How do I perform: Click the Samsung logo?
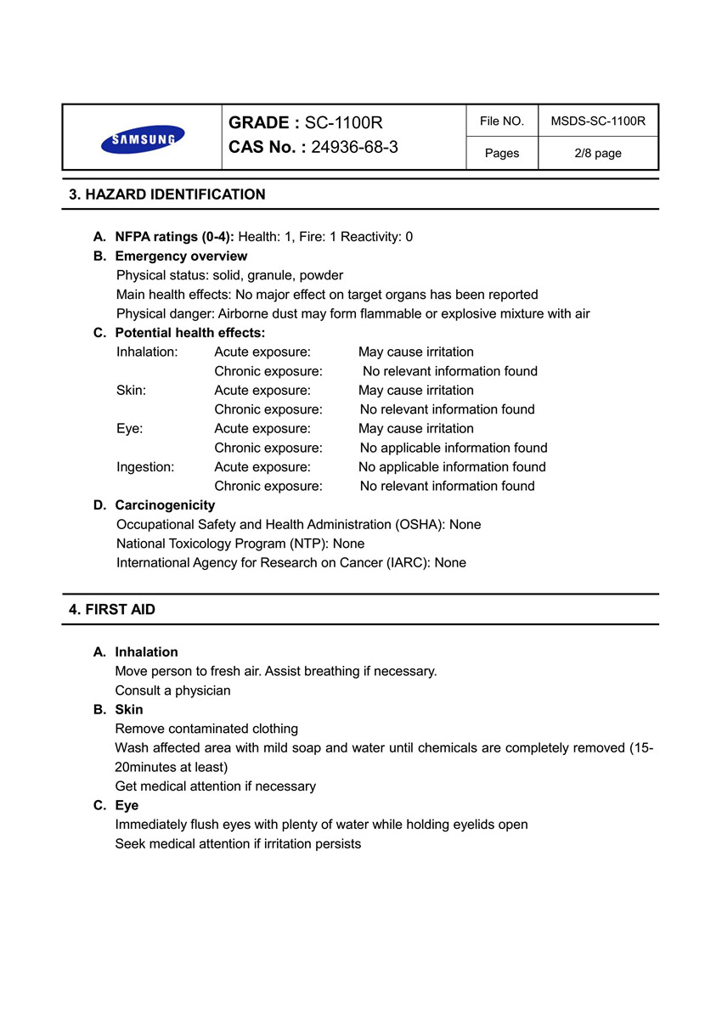pos(143,138)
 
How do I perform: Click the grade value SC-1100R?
pos(343,123)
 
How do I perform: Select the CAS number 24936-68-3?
pos(354,147)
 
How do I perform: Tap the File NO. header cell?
pos(501,121)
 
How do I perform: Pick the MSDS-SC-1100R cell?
pos(598,121)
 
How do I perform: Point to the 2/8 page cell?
pos(598,154)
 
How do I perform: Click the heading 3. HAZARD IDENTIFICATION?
pos(166,194)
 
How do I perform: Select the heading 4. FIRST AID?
pos(112,610)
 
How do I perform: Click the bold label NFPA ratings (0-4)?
pos(174,237)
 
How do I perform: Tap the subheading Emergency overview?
pos(181,256)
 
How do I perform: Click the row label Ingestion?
pos(145,467)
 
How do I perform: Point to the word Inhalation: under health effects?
pos(147,352)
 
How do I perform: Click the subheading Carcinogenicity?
pos(165,505)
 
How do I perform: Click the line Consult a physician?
pos(172,690)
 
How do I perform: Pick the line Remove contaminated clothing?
pos(206,729)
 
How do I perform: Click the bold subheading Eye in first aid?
pos(127,805)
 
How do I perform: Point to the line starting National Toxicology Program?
pos(240,544)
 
